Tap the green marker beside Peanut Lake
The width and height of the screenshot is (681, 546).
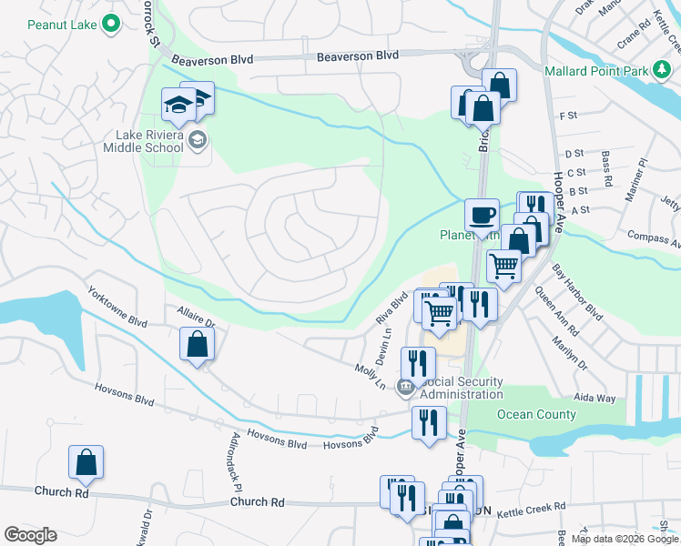tap(112, 25)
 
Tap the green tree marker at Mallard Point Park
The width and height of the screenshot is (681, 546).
tap(661, 71)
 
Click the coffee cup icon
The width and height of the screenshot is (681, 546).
tap(482, 216)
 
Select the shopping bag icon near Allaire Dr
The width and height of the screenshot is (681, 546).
tap(198, 344)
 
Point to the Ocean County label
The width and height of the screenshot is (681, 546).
tap(536, 415)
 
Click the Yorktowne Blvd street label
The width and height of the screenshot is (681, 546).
tap(117, 308)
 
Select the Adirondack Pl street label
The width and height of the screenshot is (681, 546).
tap(226, 468)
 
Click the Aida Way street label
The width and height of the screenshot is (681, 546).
tap(595, 399)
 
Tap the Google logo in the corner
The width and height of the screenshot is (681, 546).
tap(30, 534)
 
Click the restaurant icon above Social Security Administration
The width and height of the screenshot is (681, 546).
tap(418, 363)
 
